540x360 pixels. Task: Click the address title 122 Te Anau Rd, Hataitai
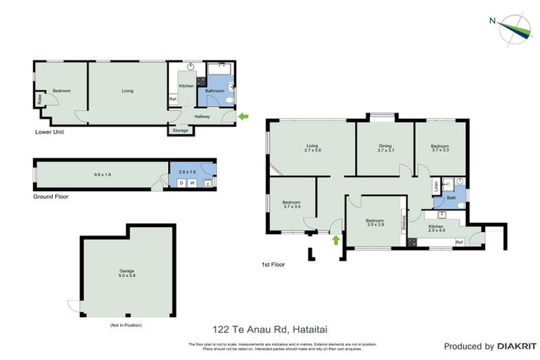pyautogui.click(x=269, y=328)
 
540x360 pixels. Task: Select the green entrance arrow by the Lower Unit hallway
pyautogui.click(x=244, y=116)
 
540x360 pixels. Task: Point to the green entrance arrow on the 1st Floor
pyautogui.click(x=335, y=240)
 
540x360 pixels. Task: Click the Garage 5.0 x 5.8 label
pyautogui.click(x=127, y=274)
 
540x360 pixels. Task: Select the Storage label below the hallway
pyautogui.click(x=181, y=131)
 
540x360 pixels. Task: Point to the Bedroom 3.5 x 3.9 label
pyautogui.click(x=375, y=223)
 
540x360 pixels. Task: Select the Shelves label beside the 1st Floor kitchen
pyautogui.click(x=404, y=222)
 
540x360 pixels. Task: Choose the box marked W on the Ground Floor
pyautogui.click(x=191, y=183)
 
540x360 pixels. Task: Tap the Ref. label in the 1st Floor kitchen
pyautogui.click(x=459, y=242)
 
